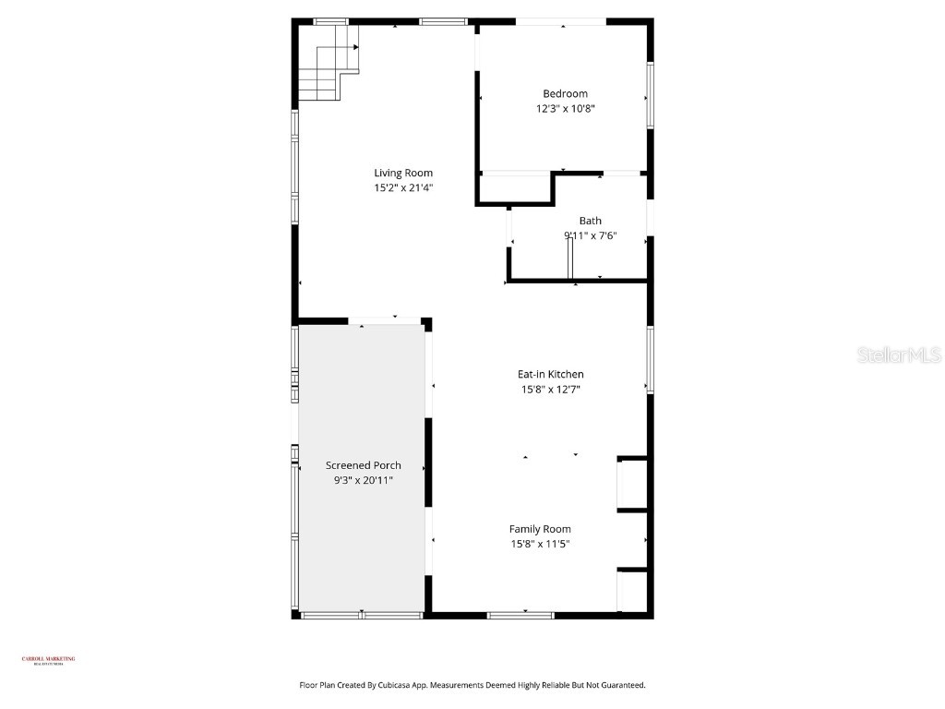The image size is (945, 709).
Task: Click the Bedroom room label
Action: pyautogui.click(x=565, y=93)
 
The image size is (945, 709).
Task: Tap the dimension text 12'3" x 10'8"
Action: pyautogui.click(x=565, y=108)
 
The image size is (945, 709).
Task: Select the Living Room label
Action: pyautogui.click(x=402, y=173)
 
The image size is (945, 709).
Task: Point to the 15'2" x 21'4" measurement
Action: pyautogui.click(x=402, y=187)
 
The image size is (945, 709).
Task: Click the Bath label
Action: pyautogui.click(x=590, y=221)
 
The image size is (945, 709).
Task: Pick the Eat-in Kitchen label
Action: pyautogui.click(x=550, y=374)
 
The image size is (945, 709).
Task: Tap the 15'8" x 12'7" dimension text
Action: pyautogui.click(x=550, y=390)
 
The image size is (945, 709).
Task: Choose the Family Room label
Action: pyautogui.click(x=540, y=529)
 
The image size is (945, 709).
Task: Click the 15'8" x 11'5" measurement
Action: pyautogui.click(x=540, y=544)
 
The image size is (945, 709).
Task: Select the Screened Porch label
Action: pyautogui.click(x=363, y=465)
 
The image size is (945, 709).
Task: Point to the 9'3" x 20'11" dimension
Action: pyautogui.click(x=363, y=480)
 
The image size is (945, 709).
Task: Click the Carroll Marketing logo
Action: pyautogui.click(x=48, y=660)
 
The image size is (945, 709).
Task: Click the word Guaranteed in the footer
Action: pyautogui.click(x=620, y=685)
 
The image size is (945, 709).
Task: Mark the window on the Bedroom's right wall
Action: pyautogui.click(x=650, y=95)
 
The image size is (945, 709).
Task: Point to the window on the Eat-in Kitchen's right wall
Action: pyautogui.click(x=650, y=359)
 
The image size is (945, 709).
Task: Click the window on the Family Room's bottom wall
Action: pyautogui.click(x=520, y=615)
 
